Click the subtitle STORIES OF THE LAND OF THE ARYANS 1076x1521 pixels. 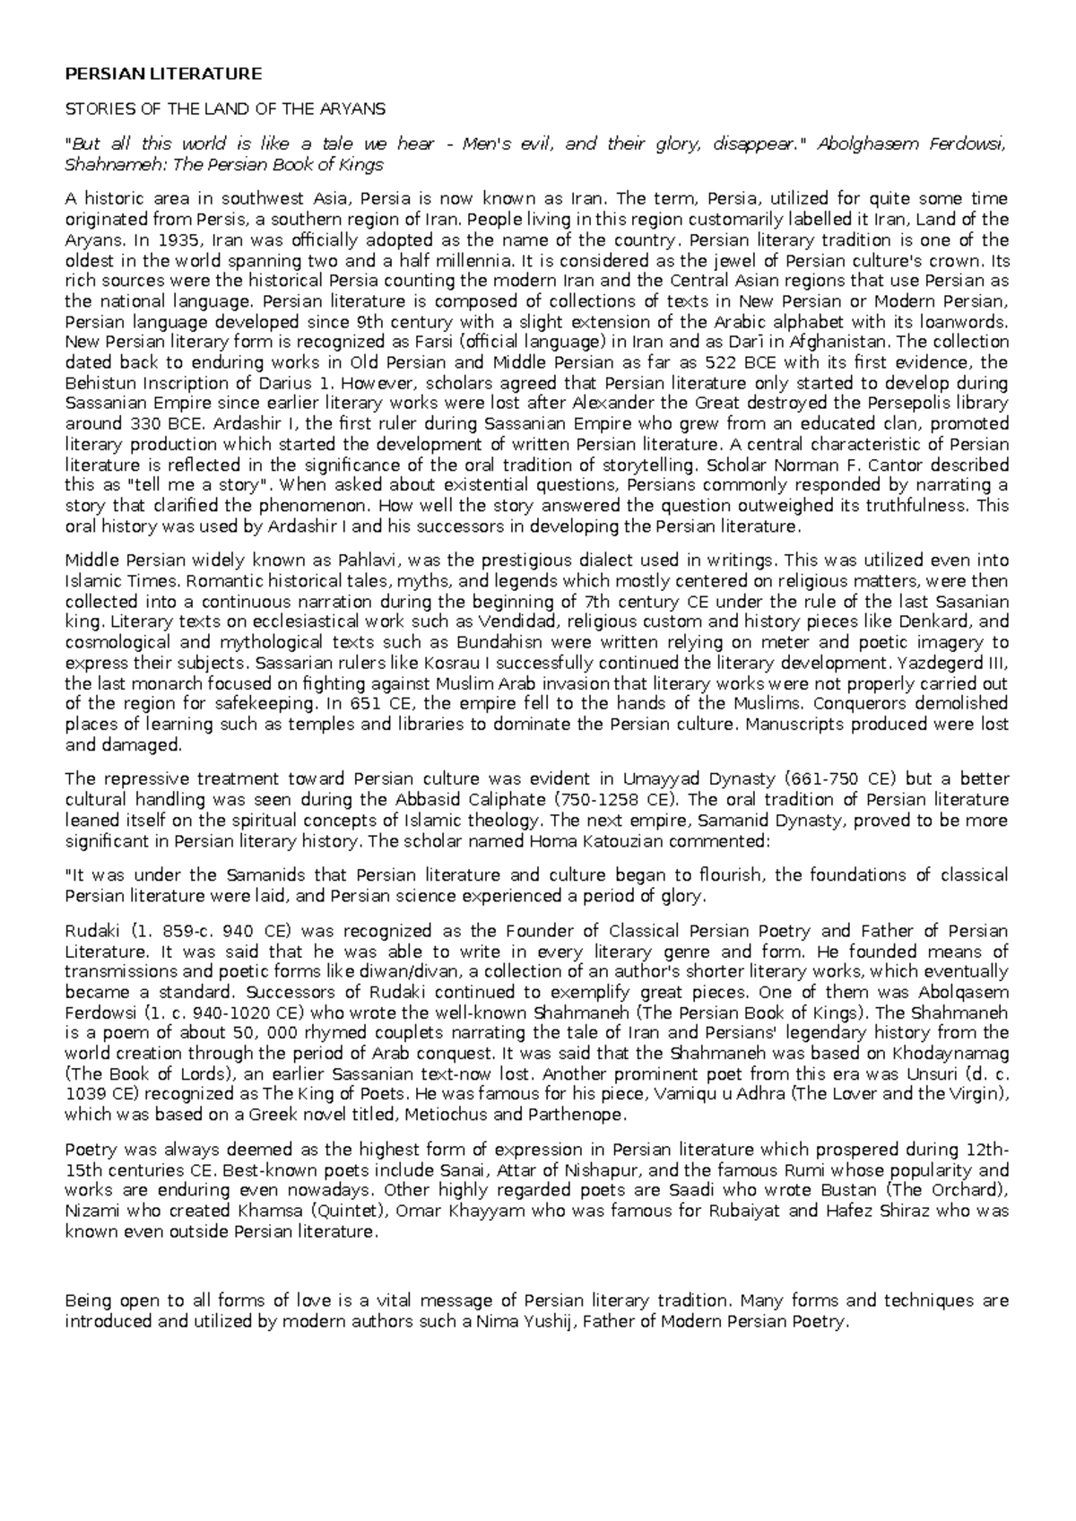pyautogui.click(x=225, y=109)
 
